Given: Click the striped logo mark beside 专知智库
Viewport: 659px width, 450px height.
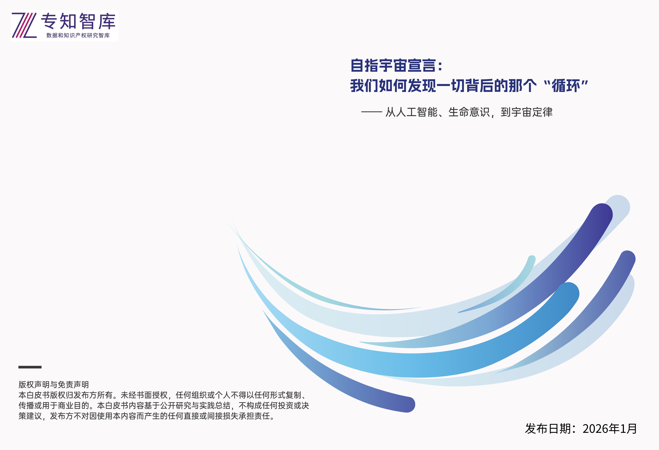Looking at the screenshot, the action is coord(24,25).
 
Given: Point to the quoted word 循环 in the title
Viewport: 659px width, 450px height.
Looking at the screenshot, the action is coord(566,86).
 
